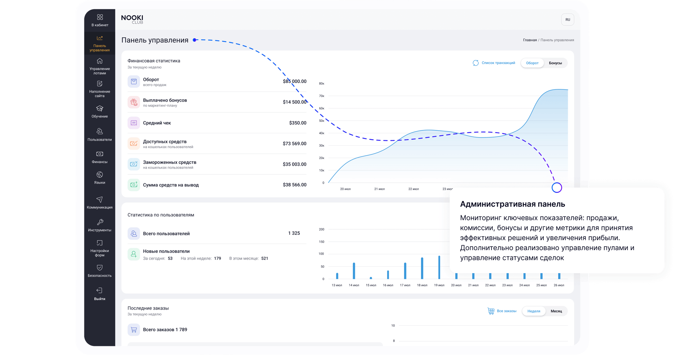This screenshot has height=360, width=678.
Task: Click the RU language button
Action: (567, 20)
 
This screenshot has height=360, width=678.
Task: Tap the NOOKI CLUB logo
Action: (132, 19)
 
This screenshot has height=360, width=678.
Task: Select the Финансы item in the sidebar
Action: (100, 157)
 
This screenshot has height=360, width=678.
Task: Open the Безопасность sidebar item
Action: (100, 271)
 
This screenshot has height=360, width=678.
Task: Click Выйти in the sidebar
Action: (100, 294)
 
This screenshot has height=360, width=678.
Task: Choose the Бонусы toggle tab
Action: (555, 63)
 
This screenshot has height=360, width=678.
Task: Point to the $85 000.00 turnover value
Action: (295, 81)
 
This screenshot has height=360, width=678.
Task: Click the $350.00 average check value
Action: (298, 123)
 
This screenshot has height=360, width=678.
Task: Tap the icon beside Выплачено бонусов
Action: (134, 102)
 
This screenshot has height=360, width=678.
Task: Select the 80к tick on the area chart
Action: (321, 84)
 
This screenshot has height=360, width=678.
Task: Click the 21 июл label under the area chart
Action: (379, 189)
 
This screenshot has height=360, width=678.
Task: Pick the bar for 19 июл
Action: (439, 267)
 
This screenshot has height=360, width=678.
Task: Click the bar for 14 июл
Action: (354, 271)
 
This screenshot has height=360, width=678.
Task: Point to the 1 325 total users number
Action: (294, 233)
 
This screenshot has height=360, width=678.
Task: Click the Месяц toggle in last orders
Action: (556, 311)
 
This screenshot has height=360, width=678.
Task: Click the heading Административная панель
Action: (512, 204)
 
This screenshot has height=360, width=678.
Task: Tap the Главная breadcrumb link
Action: (530, 40)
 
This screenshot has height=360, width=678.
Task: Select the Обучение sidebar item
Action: (100, 112)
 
